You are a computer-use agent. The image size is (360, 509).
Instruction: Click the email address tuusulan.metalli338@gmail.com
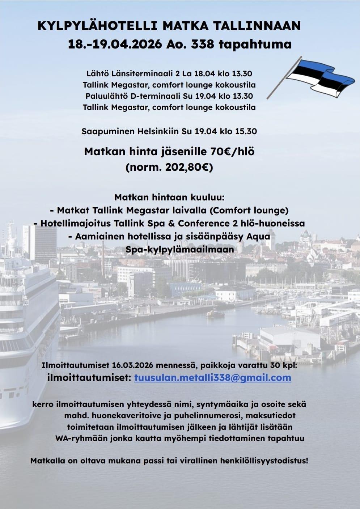212,378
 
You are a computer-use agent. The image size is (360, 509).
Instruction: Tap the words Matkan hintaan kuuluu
169,198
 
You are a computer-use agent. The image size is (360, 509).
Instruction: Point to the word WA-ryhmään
78,438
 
